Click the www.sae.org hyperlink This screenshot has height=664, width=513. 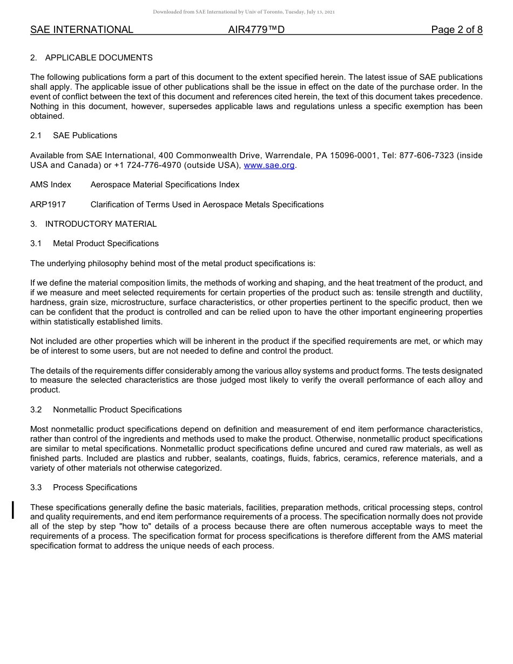[269, 165]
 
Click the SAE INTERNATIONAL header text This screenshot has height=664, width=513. [82, 30]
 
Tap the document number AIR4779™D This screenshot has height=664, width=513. [256, 30]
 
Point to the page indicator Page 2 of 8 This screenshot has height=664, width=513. [456, 30]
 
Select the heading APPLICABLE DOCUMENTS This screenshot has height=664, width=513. [99, 58]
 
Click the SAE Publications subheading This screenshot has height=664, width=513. [85, 135]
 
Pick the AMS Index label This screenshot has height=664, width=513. [51, 185]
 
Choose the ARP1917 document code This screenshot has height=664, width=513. [48, 205]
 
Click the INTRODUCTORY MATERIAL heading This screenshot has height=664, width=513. [101, 224]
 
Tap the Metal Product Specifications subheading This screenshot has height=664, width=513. [106, 243]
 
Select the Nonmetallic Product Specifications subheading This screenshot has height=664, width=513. [117, 410]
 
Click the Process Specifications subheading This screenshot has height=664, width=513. [95, 487]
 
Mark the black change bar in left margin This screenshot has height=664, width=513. [13, 510]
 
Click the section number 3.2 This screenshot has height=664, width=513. [36, 410]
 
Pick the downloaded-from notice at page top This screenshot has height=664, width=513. [244, 11]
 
